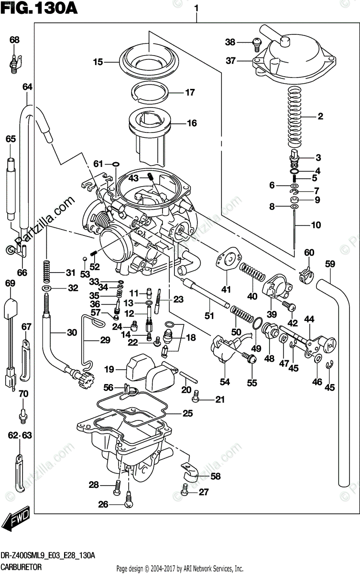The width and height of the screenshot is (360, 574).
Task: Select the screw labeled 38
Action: pyautogui.click(x=257, y=44)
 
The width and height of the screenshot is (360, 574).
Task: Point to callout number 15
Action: pyautogui.click(x=98, y=62)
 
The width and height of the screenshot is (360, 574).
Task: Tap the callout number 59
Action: pyautogui.click(x=329, y=264)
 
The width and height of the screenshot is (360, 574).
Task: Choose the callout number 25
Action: pyautogui.click(x=187, y=413)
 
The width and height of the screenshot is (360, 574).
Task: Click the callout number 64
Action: pyautogui.click(x=27, y=87)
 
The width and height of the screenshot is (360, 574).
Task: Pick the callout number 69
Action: pyautogui.click(x=10, y=284)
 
